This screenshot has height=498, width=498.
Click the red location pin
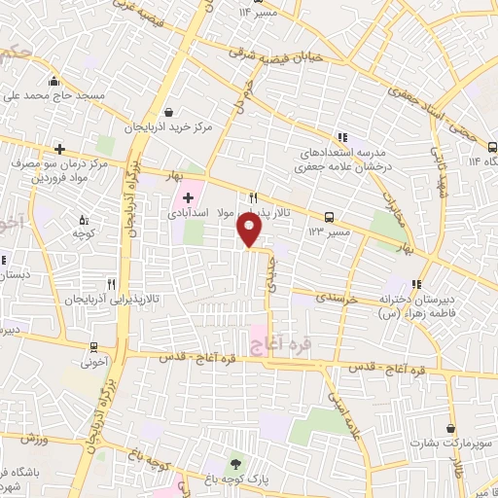[x=250, y=230]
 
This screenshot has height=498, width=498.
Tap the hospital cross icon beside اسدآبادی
[x=188, y=198]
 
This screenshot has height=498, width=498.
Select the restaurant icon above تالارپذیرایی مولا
[x=253, y=196]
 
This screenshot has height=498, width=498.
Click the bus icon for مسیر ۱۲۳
[x=330, y=217]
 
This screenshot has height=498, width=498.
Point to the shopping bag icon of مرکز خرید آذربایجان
[x=171, y=112]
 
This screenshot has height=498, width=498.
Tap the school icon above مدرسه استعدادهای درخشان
[x=341, y=137]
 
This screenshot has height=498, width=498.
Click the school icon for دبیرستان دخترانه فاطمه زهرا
[x=418, y=284]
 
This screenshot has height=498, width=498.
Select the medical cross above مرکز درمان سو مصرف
[x=60, y=149]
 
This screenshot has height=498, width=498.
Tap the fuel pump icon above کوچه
[x=82, y=220]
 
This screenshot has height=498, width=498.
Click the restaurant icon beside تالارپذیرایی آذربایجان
[x=113, y=285]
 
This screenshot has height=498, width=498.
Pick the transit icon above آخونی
[x=93, y=346]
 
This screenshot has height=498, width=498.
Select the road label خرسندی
[x=338, y=300]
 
